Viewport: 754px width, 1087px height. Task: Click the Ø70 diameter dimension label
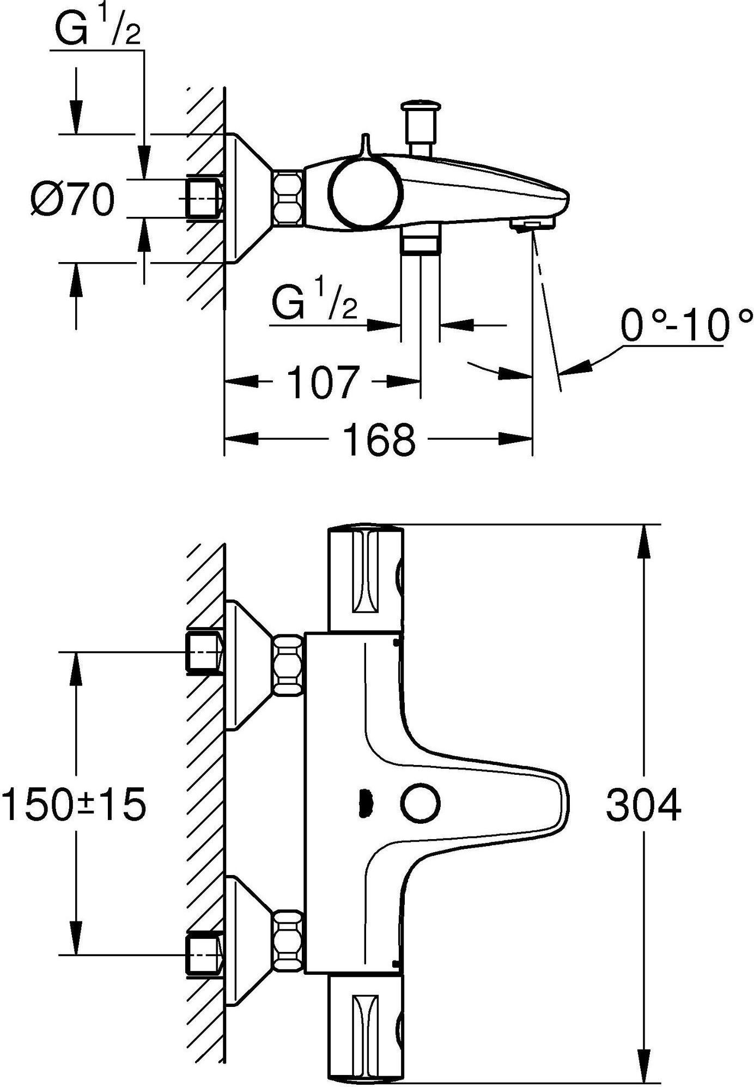point(72,200)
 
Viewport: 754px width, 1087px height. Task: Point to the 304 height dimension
point(643,806)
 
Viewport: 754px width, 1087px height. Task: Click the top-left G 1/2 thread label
point(99,27)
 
